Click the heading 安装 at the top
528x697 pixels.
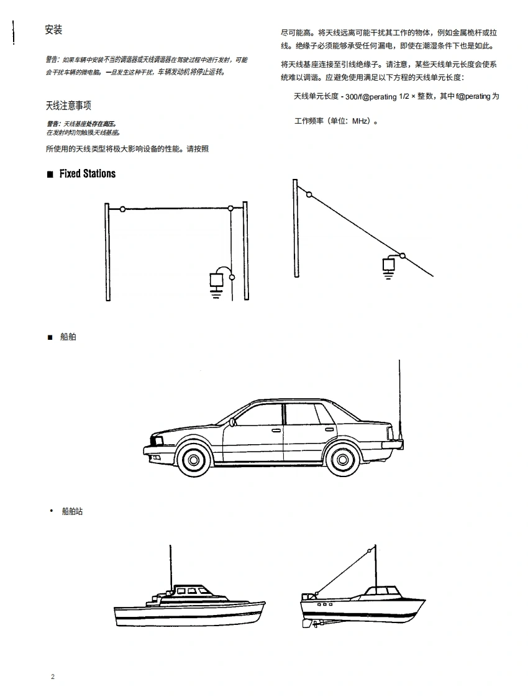point(53,30)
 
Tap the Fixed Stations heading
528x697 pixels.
point(88,174)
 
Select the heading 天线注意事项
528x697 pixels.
point(68,106)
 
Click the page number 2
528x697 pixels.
point(53,676)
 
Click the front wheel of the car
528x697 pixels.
point(194,459)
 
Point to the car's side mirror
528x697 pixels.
point(232,422)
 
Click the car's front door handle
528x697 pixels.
point(276,430)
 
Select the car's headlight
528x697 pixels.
point(157,441)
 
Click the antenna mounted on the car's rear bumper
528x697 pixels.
point(399,400)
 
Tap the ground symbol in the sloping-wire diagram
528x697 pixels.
point(388,275)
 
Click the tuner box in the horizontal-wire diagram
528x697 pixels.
point(216,281)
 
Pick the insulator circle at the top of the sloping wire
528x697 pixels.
point(309,194)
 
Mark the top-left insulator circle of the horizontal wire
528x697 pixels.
point(122,209)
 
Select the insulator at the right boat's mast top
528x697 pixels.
point(370,551)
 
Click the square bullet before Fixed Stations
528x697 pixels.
point(50,174)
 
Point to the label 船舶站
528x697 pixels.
point(72,511)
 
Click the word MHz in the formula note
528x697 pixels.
point(360,121)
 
